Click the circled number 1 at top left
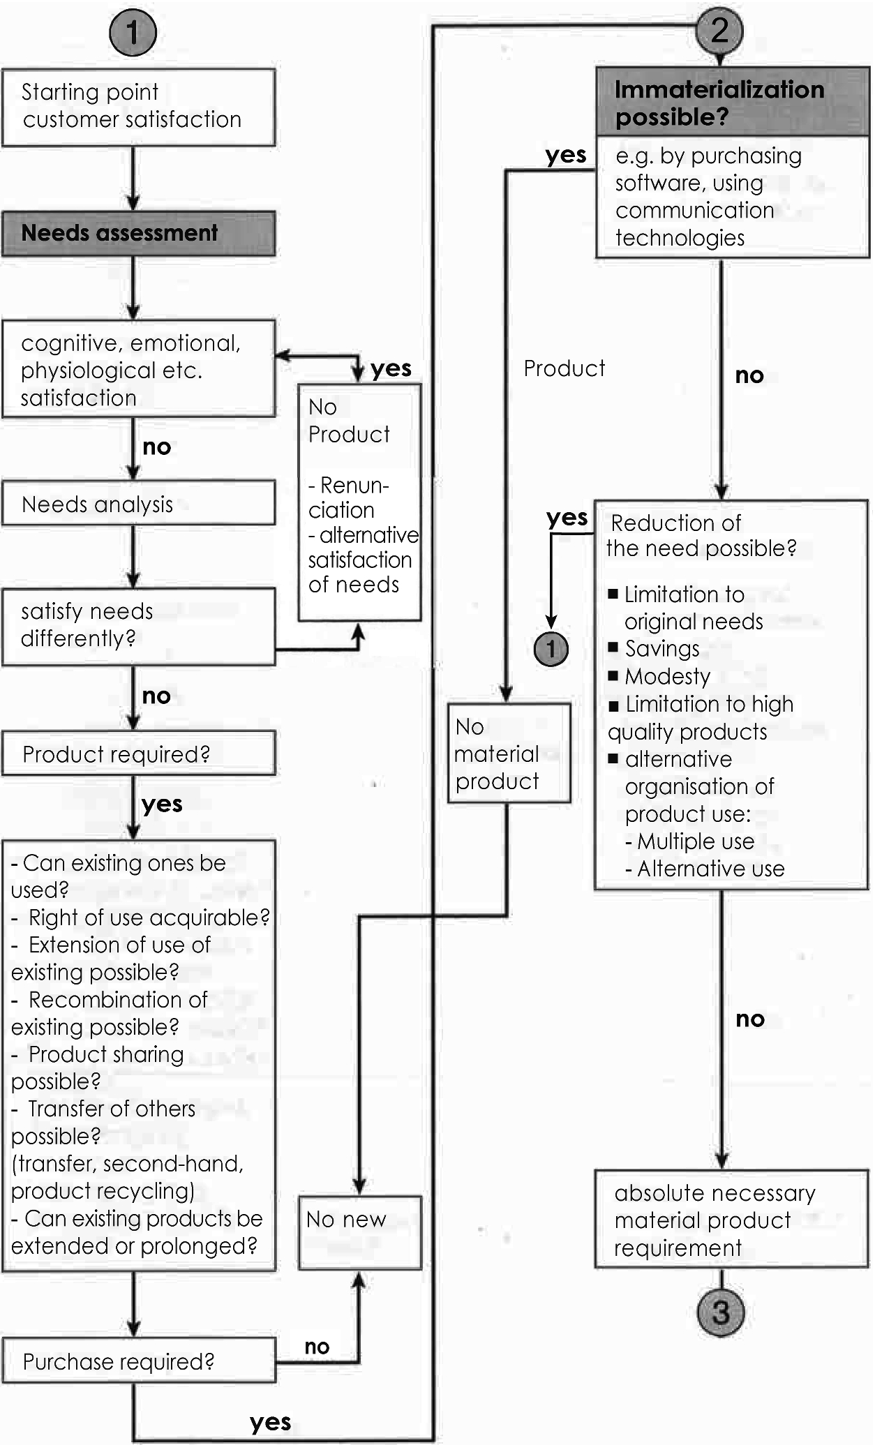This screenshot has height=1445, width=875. (x=133, y=32)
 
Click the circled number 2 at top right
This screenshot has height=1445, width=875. (x=719, y=30)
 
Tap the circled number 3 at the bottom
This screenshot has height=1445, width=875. (x=720, y=1312)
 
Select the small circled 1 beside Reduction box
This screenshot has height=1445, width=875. (x=551, y=649)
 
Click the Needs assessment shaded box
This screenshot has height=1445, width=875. (x=138, y=233)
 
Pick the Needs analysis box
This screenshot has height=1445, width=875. (x=138, y=503)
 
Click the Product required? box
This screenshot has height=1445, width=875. (x=138, y=754)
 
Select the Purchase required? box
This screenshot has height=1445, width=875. (x=138, y=1361)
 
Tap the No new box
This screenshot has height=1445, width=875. (x=359, y=1232)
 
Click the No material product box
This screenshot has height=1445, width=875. (x=509, y=754)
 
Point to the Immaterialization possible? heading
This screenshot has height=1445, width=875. (x=732, y=102)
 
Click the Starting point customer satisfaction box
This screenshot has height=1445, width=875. (x=138, y=106)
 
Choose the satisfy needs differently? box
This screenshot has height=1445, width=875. (x=138, y=625)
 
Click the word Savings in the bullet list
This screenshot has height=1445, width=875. (x=661, y=649)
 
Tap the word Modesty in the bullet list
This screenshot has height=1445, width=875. (x=667, y=676)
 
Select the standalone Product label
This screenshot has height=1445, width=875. (x=564, y=368)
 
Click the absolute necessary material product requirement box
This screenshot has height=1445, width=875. (x=731, y=1220)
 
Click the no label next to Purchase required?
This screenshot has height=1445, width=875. (x=317, y=1347)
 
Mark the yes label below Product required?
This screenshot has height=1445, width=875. (x=162, y=804)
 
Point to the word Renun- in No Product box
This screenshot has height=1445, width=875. (x=354, y=485)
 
